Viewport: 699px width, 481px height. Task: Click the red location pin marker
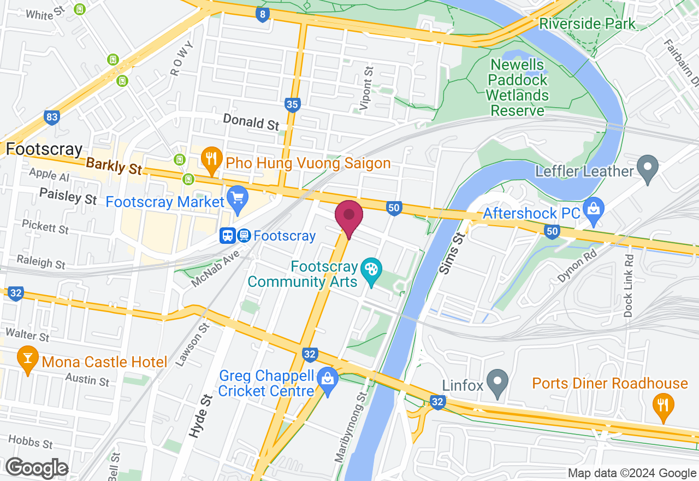coord(348,216)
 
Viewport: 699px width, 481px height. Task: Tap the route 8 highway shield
coord(263,14)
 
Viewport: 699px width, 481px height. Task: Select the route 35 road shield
coord(293,104)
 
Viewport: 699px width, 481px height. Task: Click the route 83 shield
coord(52,117)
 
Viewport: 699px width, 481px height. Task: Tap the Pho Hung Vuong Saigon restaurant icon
coord(210,160)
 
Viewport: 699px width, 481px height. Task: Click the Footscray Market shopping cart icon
coord(238,199)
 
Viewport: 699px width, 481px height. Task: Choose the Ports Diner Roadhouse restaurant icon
coord(663,406)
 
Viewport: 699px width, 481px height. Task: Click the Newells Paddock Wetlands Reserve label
coord(517,87)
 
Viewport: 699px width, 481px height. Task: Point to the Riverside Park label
coord(587,24)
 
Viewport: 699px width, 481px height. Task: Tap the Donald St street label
coord(251,122)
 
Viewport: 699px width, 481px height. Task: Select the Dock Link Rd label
coord(629,286)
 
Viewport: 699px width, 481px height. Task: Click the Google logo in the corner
coord(37,468)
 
